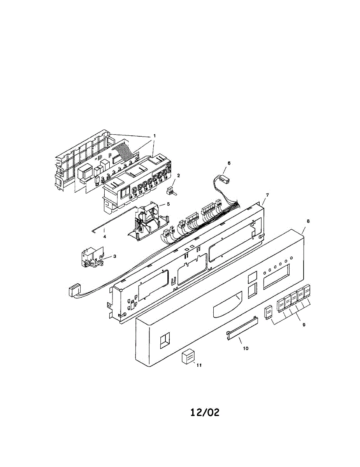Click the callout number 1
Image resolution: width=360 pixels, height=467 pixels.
click(154, 135)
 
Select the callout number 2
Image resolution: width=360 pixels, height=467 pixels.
click(178, 176)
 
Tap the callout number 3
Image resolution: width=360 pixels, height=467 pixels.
click(115, 256)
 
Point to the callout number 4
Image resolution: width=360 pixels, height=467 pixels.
click(104, 236)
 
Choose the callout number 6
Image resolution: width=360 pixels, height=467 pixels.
click(229, 163)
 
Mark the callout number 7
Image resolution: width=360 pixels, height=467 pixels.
click(267, 194)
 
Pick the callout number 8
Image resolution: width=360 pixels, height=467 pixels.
click(308, 221)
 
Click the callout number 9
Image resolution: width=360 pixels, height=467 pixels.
click(304, 324)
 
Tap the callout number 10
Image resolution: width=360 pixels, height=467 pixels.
click(246, 348)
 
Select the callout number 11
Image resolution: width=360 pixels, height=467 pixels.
click(199, 365)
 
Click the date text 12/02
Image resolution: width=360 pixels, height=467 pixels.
click(205, 413)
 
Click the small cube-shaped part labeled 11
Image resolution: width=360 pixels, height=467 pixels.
click(188, 356)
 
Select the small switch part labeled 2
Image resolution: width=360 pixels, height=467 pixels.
click(170, 190)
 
